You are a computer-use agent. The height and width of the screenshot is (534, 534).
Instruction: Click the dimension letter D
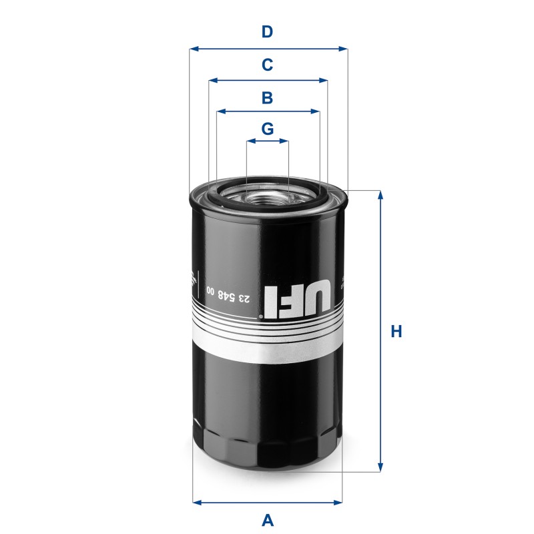tap(267, 31)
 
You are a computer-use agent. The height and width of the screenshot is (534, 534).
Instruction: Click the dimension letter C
tap(267, 65)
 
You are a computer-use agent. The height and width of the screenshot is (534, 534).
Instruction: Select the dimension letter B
tap(267, 98)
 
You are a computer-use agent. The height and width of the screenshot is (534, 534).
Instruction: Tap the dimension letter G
tap(267, 129)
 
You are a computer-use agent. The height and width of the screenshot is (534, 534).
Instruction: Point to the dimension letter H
tap(396, 332)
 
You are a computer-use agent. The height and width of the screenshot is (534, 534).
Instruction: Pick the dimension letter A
tap(267, 519)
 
